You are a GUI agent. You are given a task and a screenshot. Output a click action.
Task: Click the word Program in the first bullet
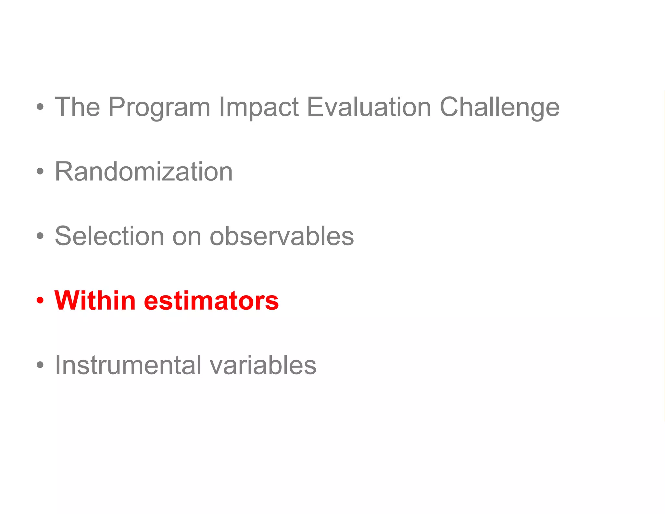(159, 107)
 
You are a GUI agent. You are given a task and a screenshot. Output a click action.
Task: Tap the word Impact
(259, 107)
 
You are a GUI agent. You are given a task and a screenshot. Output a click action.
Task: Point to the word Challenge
(499, 107)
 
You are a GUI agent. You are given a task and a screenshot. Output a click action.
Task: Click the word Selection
(109, 236)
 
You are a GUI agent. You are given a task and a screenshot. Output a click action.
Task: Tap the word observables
(282, 236)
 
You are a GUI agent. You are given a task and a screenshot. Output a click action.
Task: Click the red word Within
(95, 300)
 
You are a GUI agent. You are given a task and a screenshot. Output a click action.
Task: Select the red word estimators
(211, 301)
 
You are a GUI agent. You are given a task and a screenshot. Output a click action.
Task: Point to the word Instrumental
(128, 365)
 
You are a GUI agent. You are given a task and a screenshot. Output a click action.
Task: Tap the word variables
(263, 365)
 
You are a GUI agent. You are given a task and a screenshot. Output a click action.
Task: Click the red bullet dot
(40, 301)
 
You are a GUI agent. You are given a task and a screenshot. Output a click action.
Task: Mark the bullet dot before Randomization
(40, 172)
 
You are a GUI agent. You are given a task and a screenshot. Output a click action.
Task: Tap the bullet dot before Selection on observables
(40, 236)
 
